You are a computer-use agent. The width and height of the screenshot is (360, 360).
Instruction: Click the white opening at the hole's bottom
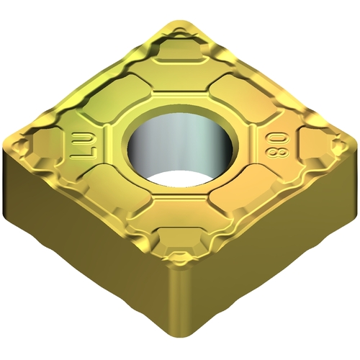click(x=178, y=179)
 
